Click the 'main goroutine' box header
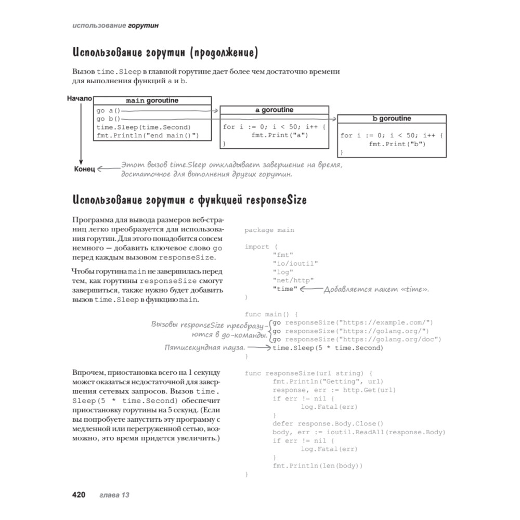click(x=153, y=100)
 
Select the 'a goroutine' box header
click(x=274, y=110)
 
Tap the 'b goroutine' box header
click(x=392, y=119)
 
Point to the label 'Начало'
click(x=79, y=98)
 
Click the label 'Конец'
click(x=84, y=169)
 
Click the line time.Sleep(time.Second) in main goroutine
click(x=144, y=127)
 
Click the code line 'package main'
click(x=269, y=230)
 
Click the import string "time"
click(x=284, y=289)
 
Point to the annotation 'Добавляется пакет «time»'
click(x=376, y=289)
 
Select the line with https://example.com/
click(x=353, y=322)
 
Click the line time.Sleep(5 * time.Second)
click(x=328, y=348)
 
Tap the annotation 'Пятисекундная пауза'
click(x=204, y=347)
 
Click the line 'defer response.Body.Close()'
click(x=328, y=423)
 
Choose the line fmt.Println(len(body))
click(x=317, y=465)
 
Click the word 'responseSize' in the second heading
click(x=276, y=200)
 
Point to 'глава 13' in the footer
click(x=114, y=495)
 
